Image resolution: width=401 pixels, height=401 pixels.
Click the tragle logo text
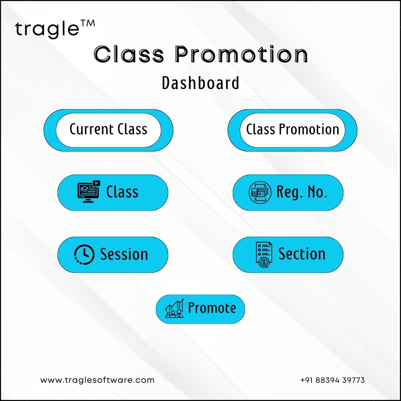click(47, 30)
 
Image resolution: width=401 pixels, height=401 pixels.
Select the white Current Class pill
click(108, 130)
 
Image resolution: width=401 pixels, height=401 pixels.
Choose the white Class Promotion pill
click(292, 130)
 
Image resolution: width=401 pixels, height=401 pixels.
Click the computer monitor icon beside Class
click(89, 192)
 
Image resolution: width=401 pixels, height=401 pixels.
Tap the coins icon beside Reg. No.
click(260, 192)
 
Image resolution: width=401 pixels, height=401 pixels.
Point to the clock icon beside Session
click(84, 254)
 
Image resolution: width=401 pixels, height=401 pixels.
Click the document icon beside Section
click(264, 255)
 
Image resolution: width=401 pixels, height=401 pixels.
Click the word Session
click(124, 254)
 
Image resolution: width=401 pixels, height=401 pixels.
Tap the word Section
click(302, 254)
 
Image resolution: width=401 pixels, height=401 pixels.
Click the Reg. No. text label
click(302, 192)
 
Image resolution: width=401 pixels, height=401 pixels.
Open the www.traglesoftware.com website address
click(97, 380)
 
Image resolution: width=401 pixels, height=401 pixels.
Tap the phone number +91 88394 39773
click(332, 380)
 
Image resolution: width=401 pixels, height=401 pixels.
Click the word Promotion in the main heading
click(241, 54)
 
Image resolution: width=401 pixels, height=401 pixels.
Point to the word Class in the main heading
click(129, 54)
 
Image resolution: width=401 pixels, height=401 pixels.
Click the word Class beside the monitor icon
click(122, 192)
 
